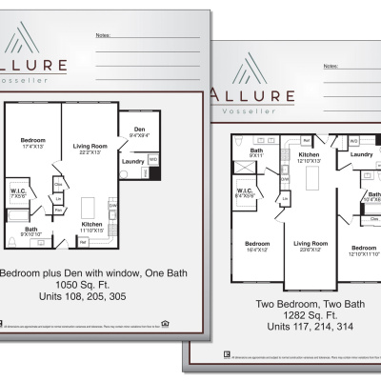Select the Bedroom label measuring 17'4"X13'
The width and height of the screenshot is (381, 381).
(32, 142)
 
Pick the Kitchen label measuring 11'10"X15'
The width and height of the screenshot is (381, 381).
(93, 227)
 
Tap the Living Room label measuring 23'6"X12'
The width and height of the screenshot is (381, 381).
(309, 247)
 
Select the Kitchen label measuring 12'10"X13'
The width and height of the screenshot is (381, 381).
(308, 157)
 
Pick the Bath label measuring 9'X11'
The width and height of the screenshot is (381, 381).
(256, 152)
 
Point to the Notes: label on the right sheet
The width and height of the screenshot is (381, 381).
(330, 67)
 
